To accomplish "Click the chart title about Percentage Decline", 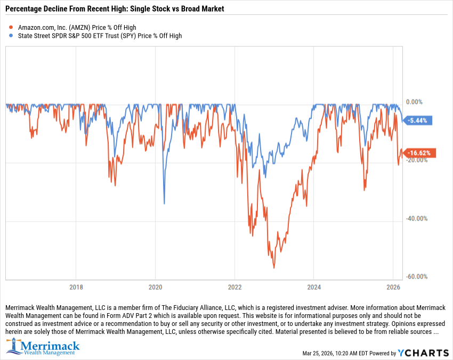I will (115, 9).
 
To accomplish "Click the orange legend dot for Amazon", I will (10, 27).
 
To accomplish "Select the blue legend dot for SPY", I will (10, 36).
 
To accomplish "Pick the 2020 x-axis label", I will (155, 286).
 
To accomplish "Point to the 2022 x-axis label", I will (234, 286).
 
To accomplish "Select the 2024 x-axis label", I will (314, 286).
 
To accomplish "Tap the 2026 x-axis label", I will (393, 286).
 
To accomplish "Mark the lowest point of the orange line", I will (274, 268).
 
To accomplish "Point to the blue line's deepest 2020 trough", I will (164, 203).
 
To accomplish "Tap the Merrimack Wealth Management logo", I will (43, 347).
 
